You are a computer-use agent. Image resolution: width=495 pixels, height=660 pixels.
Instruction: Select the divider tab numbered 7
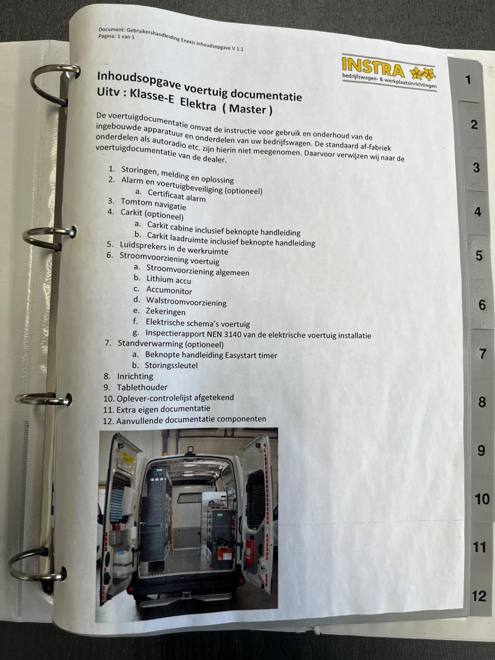coord(481,353)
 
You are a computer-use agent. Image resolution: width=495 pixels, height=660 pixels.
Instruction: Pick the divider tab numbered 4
coord(476,212)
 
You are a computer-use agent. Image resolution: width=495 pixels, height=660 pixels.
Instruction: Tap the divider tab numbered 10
coord(481,499)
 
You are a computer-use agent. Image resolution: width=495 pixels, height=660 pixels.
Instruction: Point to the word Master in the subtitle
coord(247,109)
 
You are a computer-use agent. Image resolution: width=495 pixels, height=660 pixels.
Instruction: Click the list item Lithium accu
coord(169,280)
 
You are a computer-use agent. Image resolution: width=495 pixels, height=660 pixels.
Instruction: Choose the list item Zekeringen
coord(166,312)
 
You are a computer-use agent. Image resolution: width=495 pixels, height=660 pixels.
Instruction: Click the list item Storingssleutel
coord(171,366)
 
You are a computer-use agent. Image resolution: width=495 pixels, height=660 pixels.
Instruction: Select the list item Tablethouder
coord(142,387)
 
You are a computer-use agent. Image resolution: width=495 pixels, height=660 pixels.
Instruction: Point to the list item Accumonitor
coord(169,291)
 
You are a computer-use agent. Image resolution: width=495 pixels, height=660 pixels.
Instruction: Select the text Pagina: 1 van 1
coord(116,37)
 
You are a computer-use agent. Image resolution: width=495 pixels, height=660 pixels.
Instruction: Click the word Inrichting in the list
coord(135,376)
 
